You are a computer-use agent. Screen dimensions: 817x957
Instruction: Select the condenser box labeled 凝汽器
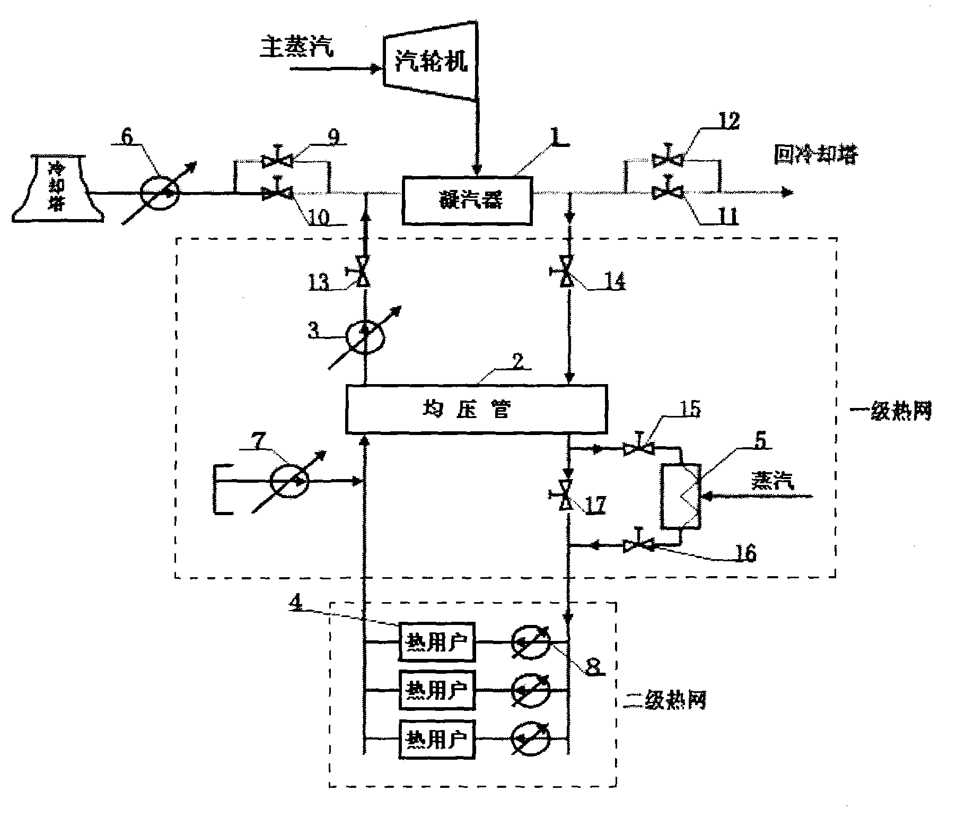(x=467, y=201)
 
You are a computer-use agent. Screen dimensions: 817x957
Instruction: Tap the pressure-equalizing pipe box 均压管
(x=476, y=408)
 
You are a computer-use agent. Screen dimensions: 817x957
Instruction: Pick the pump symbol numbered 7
(x=289, y=481)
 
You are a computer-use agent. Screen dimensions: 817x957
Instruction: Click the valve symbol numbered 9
(x=277, y=160)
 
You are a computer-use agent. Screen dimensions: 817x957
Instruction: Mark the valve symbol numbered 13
(x=363, y=276)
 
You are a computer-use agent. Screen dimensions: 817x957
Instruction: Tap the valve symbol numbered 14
(x=567, y=276)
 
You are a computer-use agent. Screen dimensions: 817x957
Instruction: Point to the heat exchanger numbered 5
(x=681, y=496)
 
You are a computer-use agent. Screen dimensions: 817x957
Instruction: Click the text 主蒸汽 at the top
(x=297, y=48)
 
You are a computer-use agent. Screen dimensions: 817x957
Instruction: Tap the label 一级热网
(x=890, y=411)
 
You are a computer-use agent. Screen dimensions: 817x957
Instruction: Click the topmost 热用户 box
(x=437, y=642)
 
